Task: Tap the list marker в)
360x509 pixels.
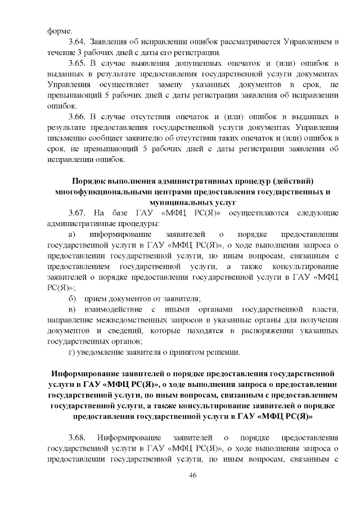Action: (71, 309)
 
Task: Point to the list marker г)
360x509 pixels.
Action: (71, 352)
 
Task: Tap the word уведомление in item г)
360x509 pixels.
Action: (100, 352)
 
